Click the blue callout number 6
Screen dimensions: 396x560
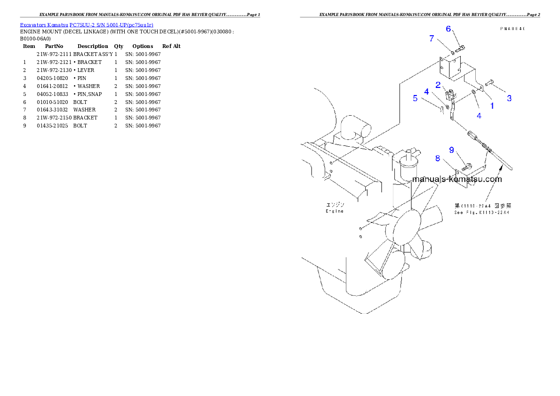[448, 29]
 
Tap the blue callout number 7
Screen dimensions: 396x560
[432, 39]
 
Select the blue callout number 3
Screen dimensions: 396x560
[509, 98]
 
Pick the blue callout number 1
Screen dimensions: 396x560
[492, 106]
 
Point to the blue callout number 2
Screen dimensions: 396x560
[438, 85]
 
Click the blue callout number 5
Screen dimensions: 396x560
[415, 98]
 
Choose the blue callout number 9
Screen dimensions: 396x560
[451, 150]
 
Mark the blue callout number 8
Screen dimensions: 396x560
[438, 158]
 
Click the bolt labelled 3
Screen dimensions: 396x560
[488, 83]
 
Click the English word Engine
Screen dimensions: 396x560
[335, 211]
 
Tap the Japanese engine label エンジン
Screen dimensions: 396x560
[335, 205]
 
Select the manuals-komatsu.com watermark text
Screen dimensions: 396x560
[457, 179]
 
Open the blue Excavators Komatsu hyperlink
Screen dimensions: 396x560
[87, 24]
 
